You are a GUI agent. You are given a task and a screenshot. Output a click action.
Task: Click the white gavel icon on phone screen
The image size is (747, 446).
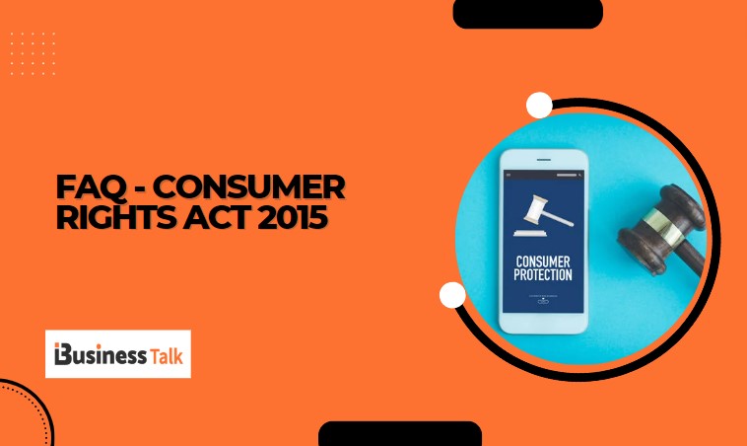click(541, 211)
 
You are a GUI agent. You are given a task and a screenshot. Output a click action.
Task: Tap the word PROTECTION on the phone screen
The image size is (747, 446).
click(543, 274)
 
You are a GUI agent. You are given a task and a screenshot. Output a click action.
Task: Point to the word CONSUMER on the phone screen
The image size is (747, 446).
click(543, 260)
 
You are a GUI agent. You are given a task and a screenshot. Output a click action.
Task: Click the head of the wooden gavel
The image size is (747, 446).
click(650, 226)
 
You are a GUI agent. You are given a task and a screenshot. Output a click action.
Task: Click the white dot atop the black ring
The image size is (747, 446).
click(539, 105)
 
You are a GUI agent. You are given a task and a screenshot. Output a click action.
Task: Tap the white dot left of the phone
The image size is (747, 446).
click(452, 294)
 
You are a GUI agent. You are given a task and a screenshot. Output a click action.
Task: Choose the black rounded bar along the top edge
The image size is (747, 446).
click(527, 13)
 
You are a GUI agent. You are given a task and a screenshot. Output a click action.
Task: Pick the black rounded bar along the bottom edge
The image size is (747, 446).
click(399, 434)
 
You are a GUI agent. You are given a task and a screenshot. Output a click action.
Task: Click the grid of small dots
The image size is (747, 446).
click(34, 53)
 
